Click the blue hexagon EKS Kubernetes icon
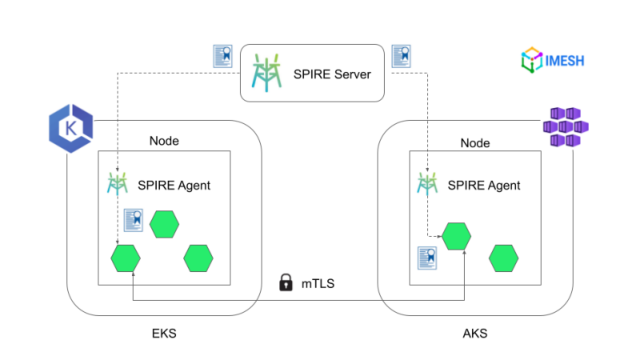pos(70,129)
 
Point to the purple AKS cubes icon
pos(566,128)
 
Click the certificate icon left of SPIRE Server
pos(222,56)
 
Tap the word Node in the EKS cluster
pos(164,141)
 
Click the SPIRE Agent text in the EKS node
pos(174,186)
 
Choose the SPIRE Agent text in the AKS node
pos(483,186)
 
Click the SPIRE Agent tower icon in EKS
pos(118,184)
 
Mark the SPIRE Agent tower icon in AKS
pos(427,184)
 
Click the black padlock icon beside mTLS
pos(284,282)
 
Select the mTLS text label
pos(318,283)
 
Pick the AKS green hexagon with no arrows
pos(503,258)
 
